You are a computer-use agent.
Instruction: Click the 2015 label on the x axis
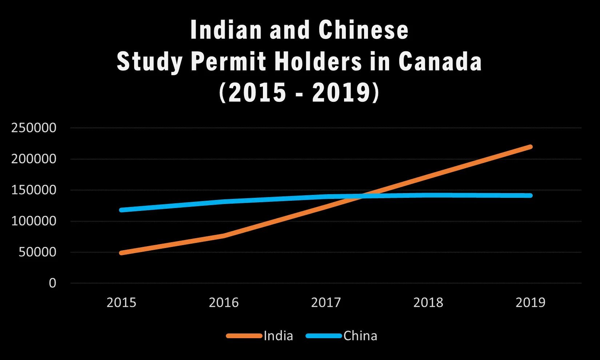(121, 303)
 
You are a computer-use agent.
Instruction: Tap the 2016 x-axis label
(224, 303)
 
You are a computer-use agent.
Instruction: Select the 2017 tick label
(326, 303)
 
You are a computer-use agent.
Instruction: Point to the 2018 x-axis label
(428, 303)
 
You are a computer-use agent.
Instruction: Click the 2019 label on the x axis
(531, 303)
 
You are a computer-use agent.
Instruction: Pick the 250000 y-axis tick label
(34, 128)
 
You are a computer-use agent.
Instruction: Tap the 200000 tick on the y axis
(34, 159)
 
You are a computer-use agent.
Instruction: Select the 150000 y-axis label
(34, 190)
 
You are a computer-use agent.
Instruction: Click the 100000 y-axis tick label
(34, 221)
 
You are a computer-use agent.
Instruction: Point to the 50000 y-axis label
(37, 252)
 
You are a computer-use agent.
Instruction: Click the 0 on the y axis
(53, 283)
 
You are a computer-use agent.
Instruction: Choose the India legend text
(278, 336)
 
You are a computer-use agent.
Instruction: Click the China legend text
(360, 336)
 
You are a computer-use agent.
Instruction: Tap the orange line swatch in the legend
(244, 336)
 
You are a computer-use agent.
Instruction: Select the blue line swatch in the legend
(324, 336)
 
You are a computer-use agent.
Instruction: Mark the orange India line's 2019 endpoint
(530, 147)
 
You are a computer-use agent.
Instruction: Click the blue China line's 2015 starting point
(121, 210)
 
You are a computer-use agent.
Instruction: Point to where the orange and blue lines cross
(358, 196)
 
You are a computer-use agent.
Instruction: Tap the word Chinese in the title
(363, 30)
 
